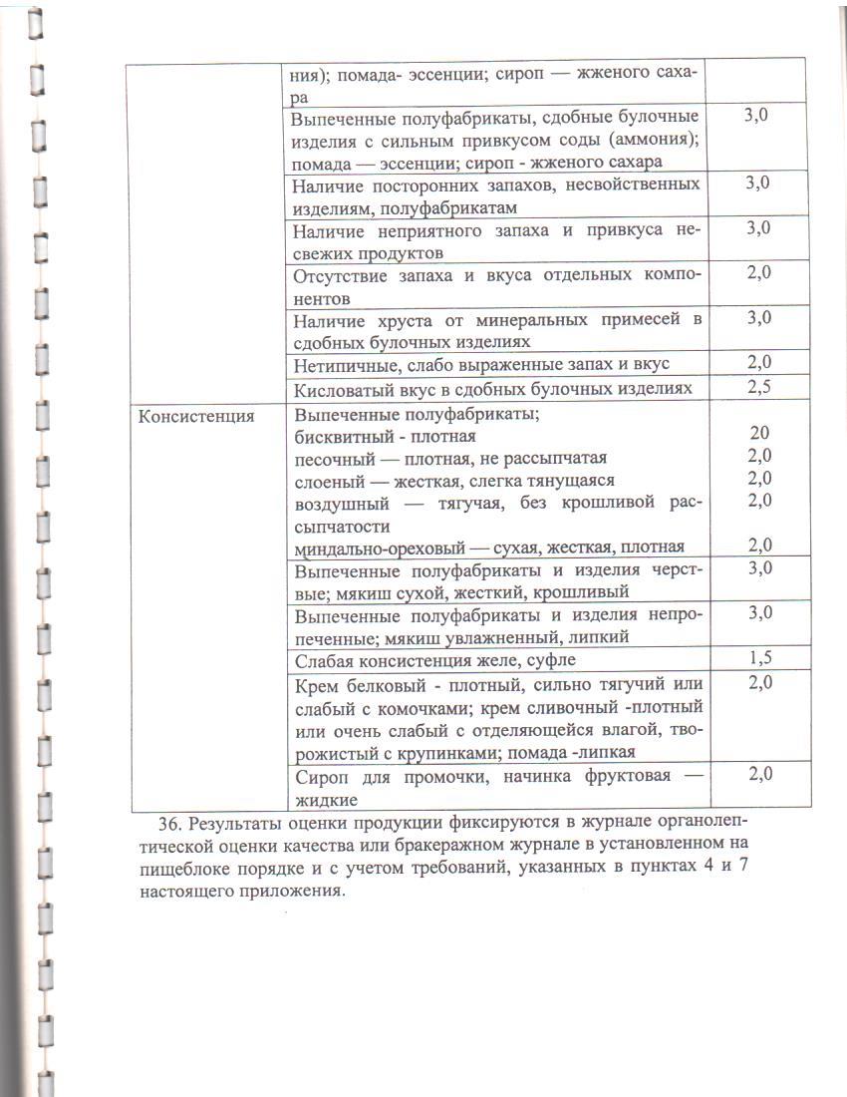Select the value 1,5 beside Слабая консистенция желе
759,656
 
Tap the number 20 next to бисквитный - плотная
759,434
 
